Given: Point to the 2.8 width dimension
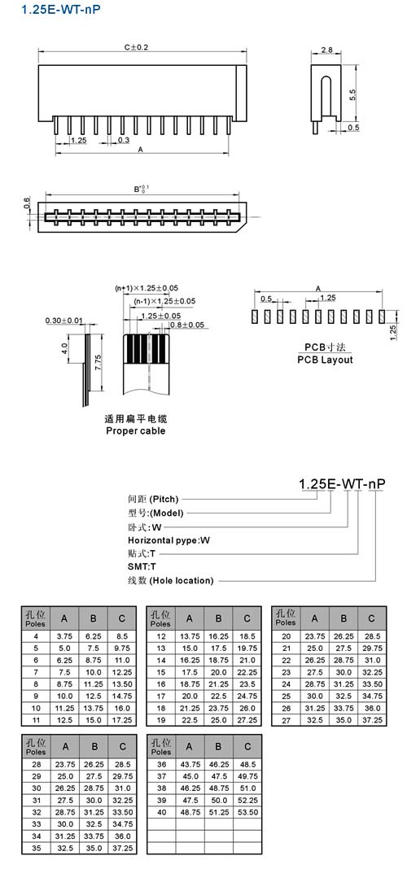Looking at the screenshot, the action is [x=326, y=50].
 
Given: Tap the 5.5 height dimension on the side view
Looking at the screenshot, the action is [x=352, y=94].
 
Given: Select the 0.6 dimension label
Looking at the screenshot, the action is [x=27, y=204].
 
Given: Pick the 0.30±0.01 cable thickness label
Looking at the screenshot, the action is [x=64, y=321].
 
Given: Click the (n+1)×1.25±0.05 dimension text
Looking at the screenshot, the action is [x=147, y=288].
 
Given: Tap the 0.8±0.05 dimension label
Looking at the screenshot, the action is [x=187, y=325].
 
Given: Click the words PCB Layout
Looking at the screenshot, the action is [x=325, y=360].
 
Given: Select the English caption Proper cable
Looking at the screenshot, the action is [x=136, y=430].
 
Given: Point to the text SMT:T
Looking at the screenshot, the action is [x=142, y=566].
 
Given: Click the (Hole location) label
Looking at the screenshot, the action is [x=182, y=580].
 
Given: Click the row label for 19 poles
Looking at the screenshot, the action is [x=161, y=720].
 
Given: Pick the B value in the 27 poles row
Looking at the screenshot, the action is [x=344, y=720].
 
